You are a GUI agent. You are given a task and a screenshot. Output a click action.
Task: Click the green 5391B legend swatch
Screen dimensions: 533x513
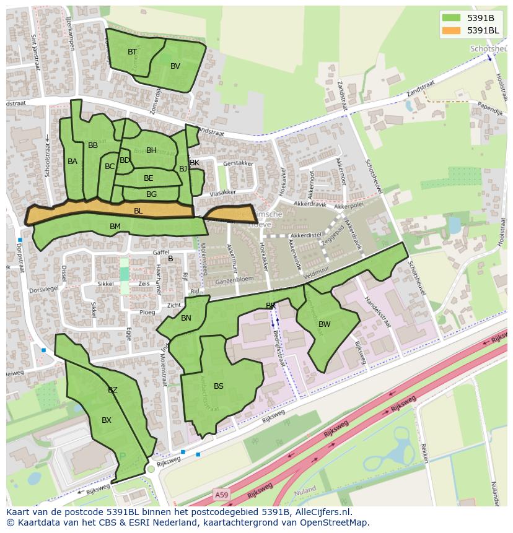click(x=452, y=18)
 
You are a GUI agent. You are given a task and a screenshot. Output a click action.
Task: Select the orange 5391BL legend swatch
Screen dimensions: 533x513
click(x=452, y=30)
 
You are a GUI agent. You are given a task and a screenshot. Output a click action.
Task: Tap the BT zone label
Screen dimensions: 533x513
click(x=132, y=52)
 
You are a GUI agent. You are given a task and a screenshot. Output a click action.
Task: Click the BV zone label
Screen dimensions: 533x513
click(x=175, y=66)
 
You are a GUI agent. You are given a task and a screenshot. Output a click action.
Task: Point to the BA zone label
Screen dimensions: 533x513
click(x=72, y=162)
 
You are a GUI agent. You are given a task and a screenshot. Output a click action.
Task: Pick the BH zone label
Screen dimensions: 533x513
click(x=151, y=150)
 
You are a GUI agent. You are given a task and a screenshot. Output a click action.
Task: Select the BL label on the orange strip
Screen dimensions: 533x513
click(x=138, y=211)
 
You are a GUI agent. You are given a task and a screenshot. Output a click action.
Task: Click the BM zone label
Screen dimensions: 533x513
click(x=115, y=227)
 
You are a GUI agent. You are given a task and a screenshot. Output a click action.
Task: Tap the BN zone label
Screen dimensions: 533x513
click(x=186, y=318)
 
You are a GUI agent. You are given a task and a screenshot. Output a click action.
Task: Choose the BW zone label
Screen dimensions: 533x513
click(x=324, y=324)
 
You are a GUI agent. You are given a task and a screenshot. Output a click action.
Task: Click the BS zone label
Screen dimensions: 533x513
click(x=219, y=386)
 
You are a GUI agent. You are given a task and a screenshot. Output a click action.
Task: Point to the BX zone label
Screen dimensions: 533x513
click(x=107, y=420)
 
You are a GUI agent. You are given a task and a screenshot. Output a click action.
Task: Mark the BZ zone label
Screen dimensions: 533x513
click(x=113, y=390)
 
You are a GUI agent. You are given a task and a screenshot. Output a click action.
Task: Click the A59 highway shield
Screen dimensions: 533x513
click(x=221, y=494)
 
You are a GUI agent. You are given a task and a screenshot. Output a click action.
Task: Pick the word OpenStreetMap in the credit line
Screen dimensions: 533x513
click(x=335, y=522)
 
